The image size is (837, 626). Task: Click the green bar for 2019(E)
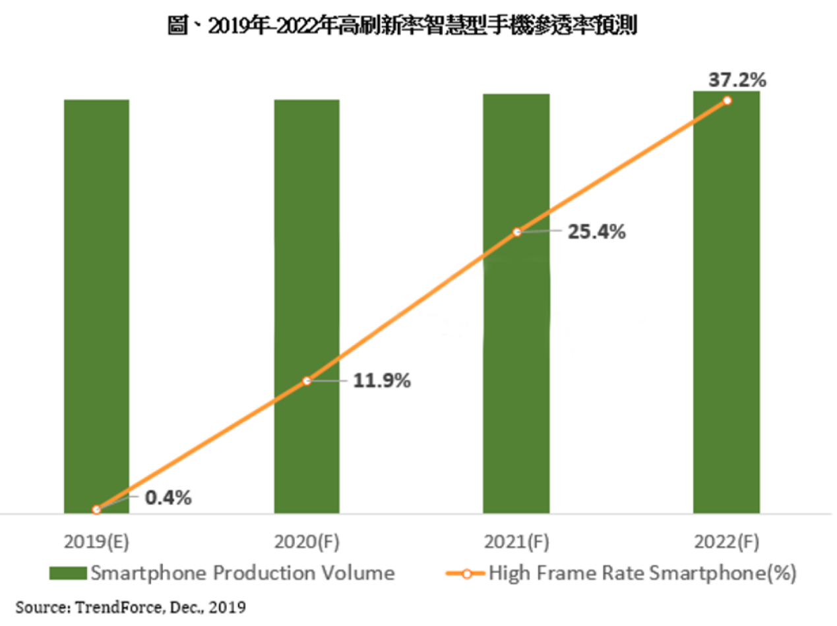tap(96, 303)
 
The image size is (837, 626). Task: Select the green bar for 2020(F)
tap(307, 264)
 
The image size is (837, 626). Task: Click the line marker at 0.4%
tap(96, 509)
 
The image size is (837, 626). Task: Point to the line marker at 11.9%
tap(307, 381)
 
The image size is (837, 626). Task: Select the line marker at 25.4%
tap(516, 232)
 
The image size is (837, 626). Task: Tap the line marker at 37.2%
tap(727, 100)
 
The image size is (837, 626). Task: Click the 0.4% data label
tap(168, 498)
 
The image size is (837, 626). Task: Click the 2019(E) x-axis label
tap(96, 542)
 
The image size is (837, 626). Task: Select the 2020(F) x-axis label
tap(307, 542)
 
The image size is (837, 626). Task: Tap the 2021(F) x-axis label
tap(516, 542)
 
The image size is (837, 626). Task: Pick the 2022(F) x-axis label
tap(726, 542)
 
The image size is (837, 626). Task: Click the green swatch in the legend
tap(69, 573)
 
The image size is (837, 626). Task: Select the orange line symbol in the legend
tap(466, 573)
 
